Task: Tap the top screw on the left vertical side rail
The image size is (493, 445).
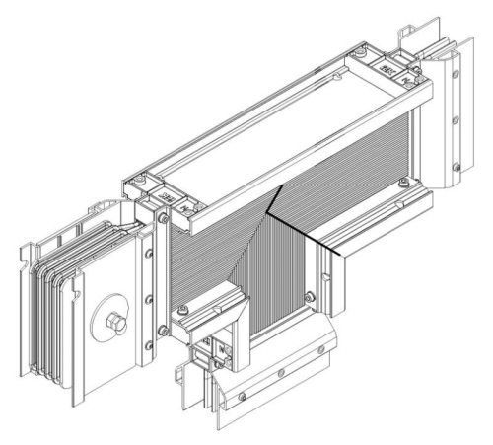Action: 149,253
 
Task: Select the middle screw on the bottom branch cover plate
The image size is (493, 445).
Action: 281,374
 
